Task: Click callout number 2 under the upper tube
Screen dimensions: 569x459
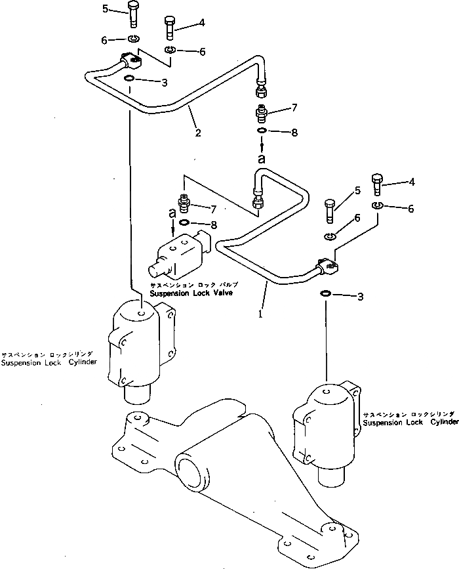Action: point(197,133)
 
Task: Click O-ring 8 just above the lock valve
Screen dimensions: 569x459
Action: point(185,222)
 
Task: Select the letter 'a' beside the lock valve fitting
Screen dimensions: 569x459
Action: point(172,213)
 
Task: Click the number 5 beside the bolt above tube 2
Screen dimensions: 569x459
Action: point(106,9)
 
